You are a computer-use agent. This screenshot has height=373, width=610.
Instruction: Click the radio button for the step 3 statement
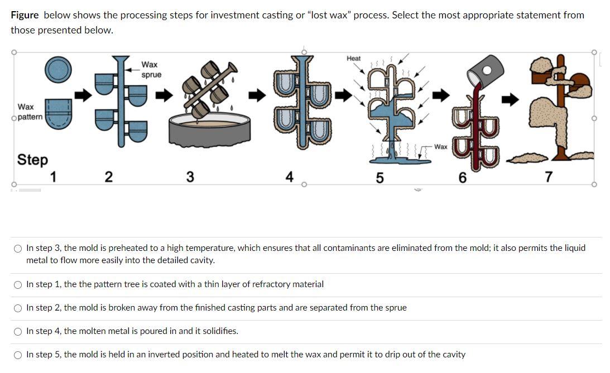18,248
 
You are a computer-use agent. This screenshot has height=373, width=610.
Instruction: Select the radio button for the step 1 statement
18,284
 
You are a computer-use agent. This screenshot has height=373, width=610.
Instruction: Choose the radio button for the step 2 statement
18,308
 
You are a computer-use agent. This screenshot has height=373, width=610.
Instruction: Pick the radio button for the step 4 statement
18,331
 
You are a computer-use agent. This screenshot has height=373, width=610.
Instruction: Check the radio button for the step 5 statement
18,355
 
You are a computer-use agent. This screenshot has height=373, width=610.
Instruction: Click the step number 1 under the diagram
54,177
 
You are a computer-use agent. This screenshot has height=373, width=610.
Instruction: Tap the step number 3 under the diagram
190,177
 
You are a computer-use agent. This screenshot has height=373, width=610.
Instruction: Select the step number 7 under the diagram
548,177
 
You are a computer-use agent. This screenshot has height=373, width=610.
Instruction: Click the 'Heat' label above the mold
353,59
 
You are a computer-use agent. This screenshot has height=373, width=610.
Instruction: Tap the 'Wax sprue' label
151,70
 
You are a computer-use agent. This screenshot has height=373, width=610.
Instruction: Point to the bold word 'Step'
32,159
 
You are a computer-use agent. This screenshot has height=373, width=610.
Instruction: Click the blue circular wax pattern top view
58,69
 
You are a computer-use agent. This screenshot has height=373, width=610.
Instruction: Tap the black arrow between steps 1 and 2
83,96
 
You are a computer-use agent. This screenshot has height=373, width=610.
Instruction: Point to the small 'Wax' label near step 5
440,147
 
